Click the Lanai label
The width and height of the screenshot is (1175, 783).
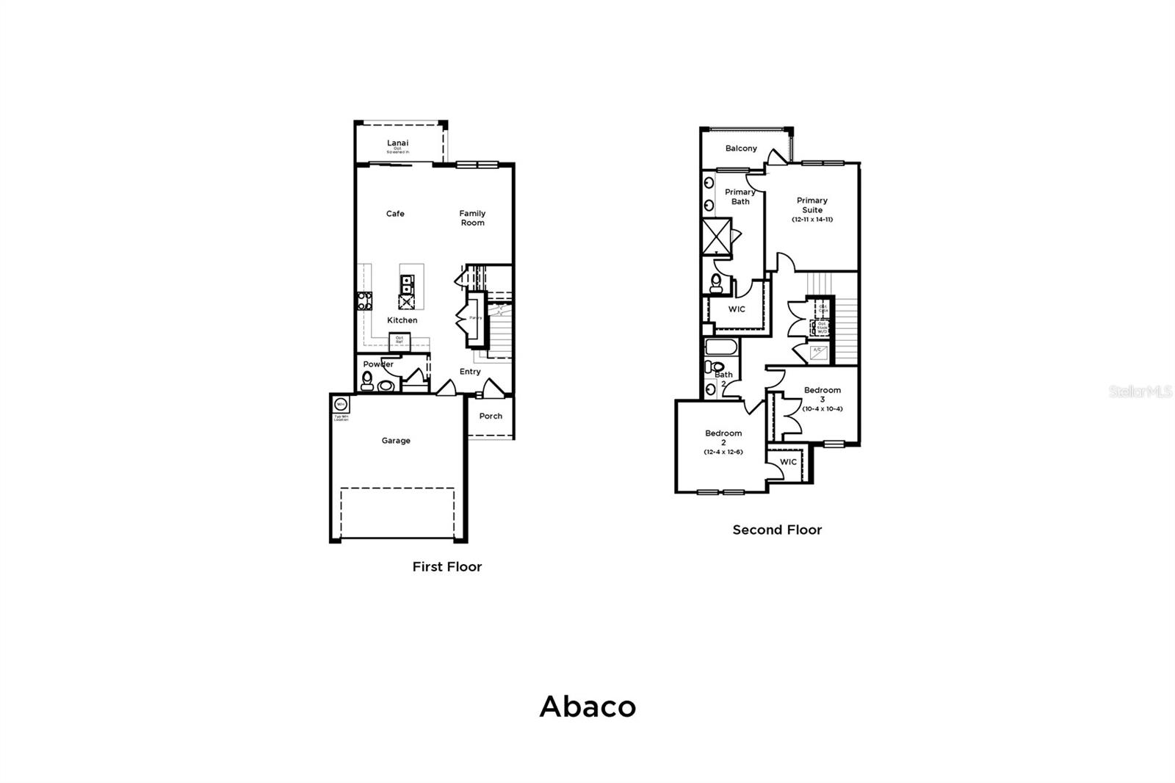click(x=397, y=143)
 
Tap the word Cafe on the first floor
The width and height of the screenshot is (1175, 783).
click(x=395, y=214)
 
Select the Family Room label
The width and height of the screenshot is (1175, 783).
click(x=472, y=218)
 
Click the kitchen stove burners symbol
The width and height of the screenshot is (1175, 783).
click(x=364, y=300)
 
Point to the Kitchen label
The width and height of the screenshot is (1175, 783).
click(x=402, y=320)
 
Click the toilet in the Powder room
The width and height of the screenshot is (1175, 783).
click(x=367, y=380)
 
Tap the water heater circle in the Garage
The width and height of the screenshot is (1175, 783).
click(x=341, y=405)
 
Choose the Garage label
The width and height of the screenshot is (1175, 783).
click(x=396, y=441)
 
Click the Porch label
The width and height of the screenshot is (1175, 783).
click(x=491, y=416)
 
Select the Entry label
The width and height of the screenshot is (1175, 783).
click(x=470, y=372)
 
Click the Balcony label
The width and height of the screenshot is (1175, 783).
click(x=741, y=148)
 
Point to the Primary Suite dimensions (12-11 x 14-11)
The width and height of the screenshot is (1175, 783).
click(x=812, y=220)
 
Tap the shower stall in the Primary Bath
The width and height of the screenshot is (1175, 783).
click(x=717, y=236)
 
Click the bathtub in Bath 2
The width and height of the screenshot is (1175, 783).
click(x=722, y=347)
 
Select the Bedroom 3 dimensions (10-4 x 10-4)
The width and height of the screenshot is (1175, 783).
click(x=822, y=408)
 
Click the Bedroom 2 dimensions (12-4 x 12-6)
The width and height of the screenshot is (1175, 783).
click(x=723, y=452)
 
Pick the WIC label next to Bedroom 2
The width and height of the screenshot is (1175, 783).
click(x=788, y=462)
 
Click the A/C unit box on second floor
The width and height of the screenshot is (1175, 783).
click(x=818, y=352)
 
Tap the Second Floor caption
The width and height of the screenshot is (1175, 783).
click(x=777, y=530)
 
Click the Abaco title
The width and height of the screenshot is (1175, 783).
click(x=587, y=707)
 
